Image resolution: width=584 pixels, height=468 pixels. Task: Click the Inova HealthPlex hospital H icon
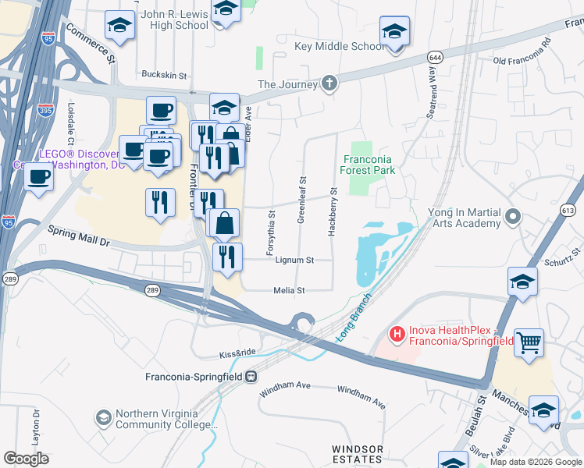point(397,335)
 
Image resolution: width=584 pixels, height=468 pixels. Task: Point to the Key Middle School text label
point(339,47)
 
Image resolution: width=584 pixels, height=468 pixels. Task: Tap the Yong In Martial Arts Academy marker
point(512,216)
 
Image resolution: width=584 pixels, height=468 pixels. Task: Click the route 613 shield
point(568,211)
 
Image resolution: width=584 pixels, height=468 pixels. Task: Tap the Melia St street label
point(288,289)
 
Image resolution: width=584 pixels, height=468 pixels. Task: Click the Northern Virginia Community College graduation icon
point(103,419)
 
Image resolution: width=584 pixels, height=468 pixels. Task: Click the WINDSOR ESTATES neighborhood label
point(358,455)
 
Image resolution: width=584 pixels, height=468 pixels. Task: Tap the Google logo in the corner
point(26,459)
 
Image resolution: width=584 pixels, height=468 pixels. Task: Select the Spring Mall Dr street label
point(80,237)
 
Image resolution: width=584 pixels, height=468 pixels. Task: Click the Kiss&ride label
point(237,353)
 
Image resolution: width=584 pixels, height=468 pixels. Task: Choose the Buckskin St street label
point(164,76)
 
